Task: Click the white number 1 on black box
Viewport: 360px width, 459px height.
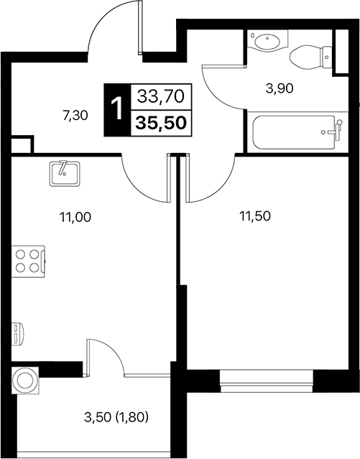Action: point(116,109)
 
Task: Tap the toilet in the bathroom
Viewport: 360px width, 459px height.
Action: point(309,55)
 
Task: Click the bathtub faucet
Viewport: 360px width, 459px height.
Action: point(331,131)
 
